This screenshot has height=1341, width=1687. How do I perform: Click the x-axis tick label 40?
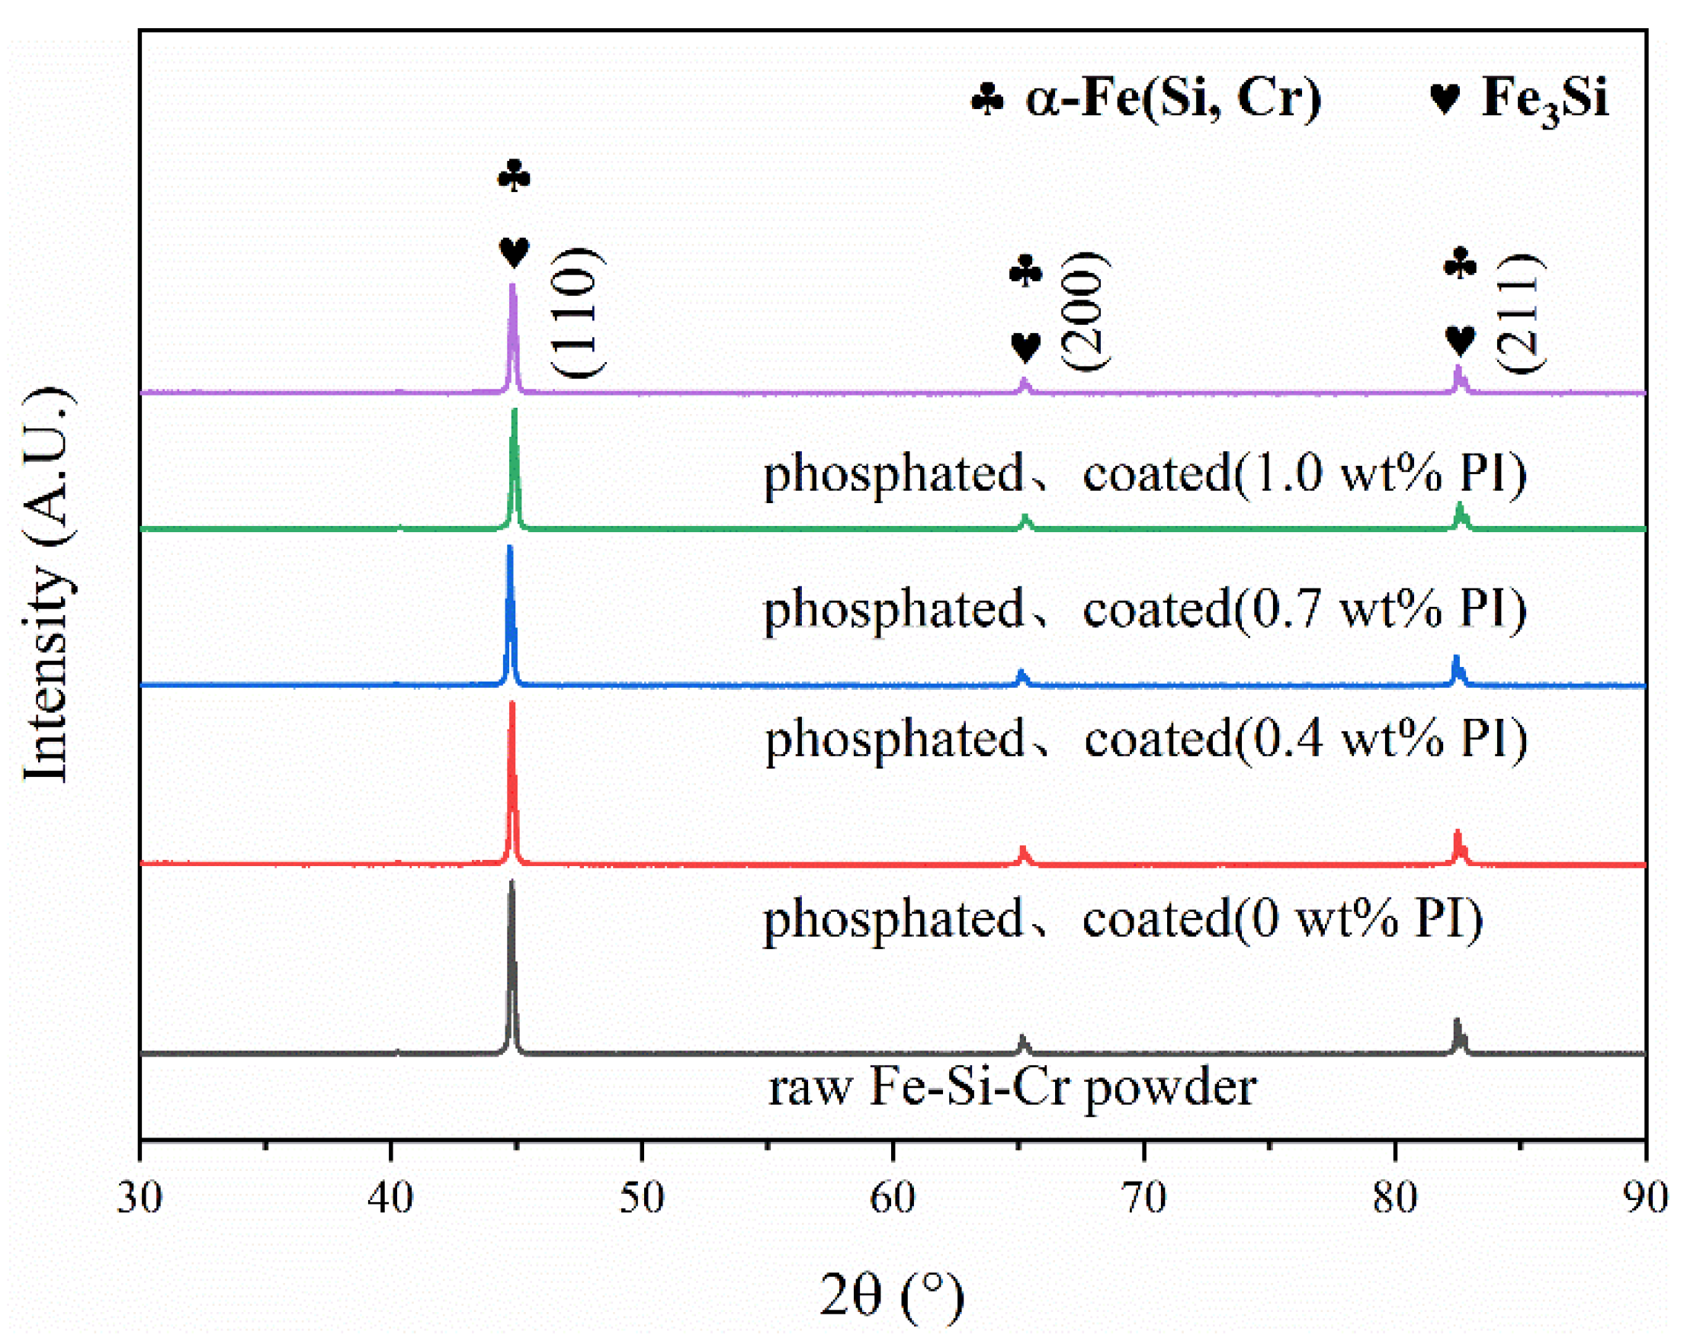390,1198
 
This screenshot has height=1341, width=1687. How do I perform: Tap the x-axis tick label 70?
1144,1198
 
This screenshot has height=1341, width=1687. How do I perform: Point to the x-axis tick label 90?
1645,1198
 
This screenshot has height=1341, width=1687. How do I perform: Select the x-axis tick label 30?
140,1198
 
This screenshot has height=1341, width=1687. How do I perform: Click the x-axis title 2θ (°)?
892,1295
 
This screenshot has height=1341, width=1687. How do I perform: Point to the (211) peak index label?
1520,313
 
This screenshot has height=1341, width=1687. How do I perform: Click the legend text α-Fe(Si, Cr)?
1173,98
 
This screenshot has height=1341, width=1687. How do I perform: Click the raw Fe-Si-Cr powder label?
1012,1086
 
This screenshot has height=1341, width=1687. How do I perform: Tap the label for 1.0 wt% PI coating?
1145,474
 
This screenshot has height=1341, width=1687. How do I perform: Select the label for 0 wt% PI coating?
1123,919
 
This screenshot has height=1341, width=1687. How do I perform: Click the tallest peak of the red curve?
512,704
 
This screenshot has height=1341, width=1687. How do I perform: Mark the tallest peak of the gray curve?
512,884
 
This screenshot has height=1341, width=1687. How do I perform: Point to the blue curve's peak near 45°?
510,547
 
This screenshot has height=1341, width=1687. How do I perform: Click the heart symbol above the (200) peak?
1025,347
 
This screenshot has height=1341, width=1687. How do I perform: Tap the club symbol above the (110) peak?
514,176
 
